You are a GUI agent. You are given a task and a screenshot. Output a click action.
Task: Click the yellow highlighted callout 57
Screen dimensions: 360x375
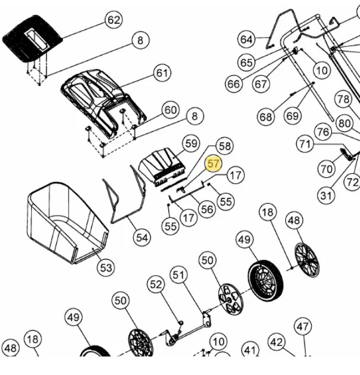point(213,164)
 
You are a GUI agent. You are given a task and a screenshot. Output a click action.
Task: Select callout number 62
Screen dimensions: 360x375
point(114,20)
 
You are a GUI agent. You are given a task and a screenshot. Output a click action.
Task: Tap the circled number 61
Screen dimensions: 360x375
point(162,73)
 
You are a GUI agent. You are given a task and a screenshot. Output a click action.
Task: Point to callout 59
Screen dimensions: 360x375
point(191,144)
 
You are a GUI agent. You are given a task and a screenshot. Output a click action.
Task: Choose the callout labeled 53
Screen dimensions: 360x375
point(106,268)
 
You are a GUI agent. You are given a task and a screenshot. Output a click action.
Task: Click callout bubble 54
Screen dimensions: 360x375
point(141,238)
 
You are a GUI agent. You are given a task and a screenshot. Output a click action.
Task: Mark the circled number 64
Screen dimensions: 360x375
point(246,39)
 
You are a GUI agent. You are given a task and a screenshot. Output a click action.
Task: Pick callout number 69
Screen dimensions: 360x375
point(293,116)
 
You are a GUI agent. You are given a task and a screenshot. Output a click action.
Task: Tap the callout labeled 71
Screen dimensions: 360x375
point(305,145)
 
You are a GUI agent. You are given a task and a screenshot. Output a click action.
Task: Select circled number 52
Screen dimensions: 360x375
point(156,285)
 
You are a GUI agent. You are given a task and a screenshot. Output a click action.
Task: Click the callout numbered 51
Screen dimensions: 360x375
point(179,275)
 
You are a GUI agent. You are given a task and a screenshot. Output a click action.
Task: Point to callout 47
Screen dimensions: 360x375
point(303,327)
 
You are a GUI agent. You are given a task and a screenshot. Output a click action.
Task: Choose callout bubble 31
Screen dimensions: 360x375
point(326,196)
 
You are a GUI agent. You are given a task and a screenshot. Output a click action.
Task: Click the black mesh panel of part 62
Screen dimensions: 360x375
point(32,39)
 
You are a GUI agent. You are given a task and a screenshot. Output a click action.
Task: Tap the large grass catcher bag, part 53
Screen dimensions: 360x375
point(67,222)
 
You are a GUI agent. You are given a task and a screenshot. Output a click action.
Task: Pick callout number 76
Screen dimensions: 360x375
point(323,132)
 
